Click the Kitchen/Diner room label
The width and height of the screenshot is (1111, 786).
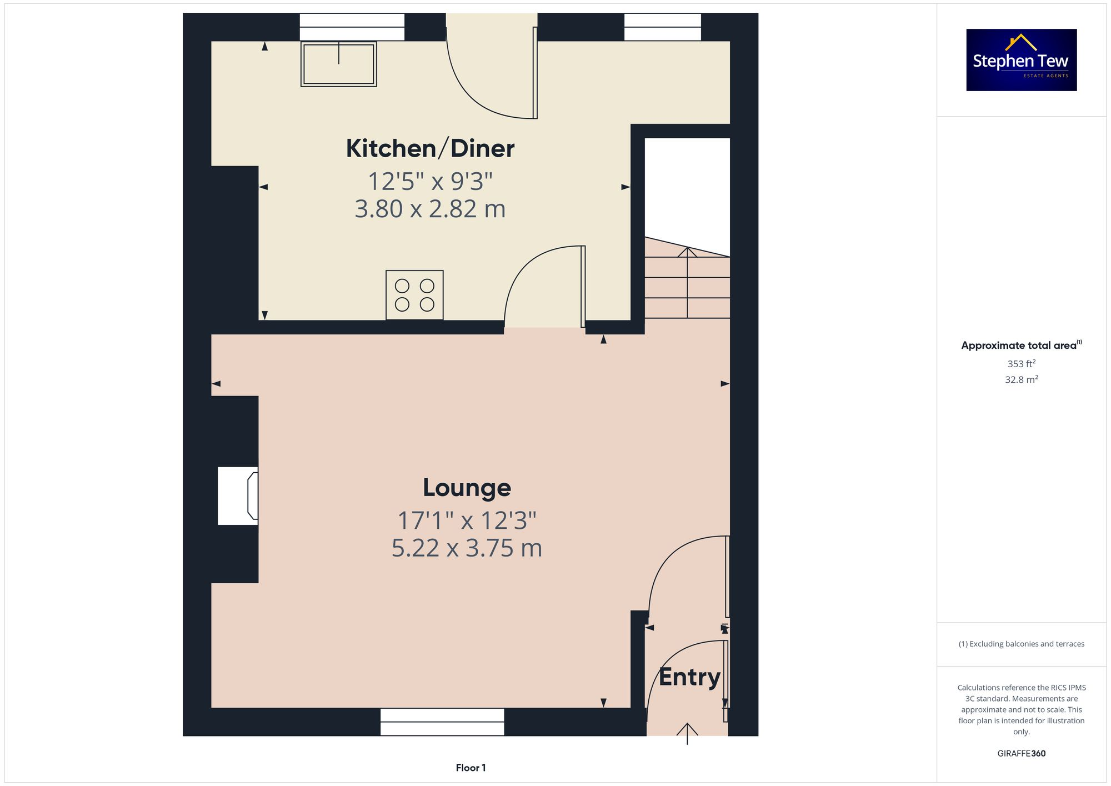pyautogui.click(x=430, y=149)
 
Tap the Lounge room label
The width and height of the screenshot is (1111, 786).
pyautogui.click(x=467, y=488)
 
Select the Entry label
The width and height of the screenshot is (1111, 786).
pyautogui.click(x=689, y=677)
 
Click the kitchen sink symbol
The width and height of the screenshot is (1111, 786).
pyautogui.click(x=338, y=64)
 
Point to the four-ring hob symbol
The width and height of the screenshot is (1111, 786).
pyautogui.click(x=414, y=295)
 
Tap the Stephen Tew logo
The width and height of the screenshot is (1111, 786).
pyautogui.click(x=1021, y=60)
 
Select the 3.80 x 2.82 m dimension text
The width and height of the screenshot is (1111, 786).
pyautogui.click(x=430, y=209)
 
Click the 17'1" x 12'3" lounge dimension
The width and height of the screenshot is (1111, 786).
pyautogui.click(x=467, y=521)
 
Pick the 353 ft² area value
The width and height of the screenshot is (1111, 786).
pyautogui.click(x=1021, y=364)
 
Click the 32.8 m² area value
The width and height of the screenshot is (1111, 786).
pyautogui.click(x=1021, y=380)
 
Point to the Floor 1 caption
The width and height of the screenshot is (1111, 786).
pyautogui.click(x=471, y=768)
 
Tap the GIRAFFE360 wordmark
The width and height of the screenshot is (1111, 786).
pyautogui.click(x=1021, y=754)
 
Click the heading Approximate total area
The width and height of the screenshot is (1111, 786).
pyautogui.click(x=1021, y=346)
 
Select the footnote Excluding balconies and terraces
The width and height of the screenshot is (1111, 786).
pyautogui.click(x=1021, y=644)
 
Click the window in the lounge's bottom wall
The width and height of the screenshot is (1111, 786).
pyautogui.click(x=442, y=722)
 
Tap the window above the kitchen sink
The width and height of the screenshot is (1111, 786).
pyautogui.click(x=352, y=27)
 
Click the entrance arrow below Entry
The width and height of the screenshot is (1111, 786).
pyautogui.click(x=687, y=732)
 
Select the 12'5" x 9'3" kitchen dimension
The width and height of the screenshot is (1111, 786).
pyautogui.click(x=430, y=182)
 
